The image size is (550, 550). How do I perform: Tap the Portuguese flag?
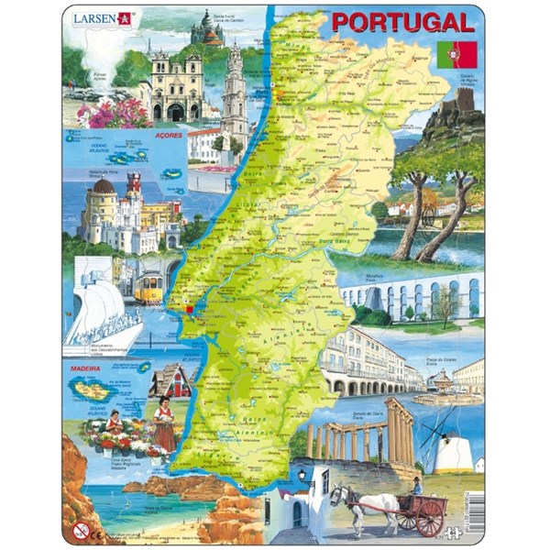[x=450, y=54]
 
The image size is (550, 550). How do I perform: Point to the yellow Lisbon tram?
[x=148, y=286]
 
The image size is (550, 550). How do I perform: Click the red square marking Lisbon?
[x=190, y=310]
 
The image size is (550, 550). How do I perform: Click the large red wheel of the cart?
[x=429, y=518]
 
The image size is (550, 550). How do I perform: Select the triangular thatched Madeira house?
[x=170, y=379]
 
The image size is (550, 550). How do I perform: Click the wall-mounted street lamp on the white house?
[x=302, y=476]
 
